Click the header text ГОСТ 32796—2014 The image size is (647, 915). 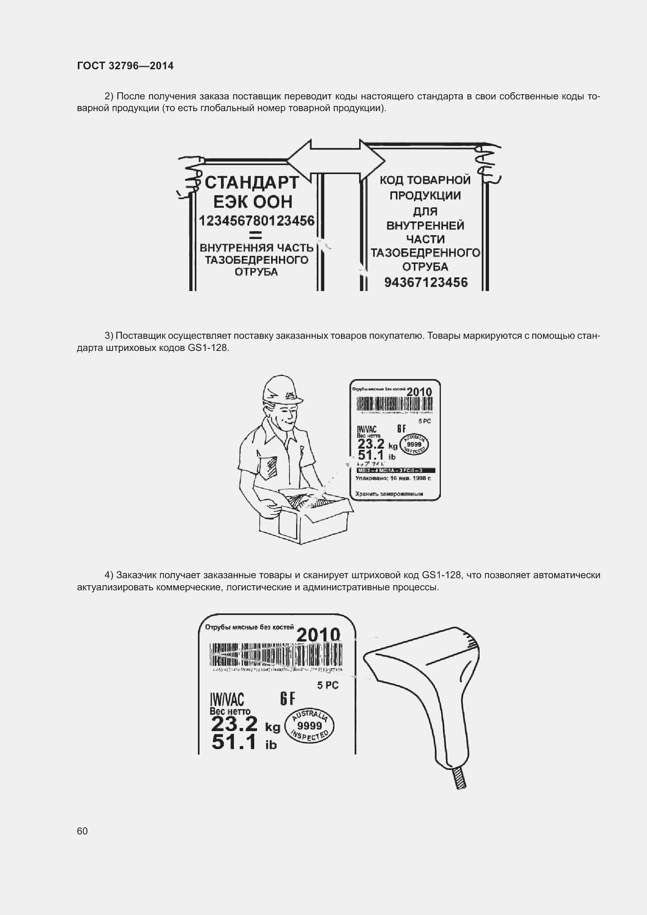click(125, 66)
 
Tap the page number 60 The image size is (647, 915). click(82, 831)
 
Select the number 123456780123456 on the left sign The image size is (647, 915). click(257, 221)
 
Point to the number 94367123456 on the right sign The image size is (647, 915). click(426, 282)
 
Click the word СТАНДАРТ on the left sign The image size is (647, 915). click(252, 183)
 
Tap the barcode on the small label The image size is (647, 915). click(394, 405)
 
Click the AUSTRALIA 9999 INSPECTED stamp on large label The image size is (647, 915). click(310, 726)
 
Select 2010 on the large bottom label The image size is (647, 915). click(318, 635)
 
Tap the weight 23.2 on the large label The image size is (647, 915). click(234, 724)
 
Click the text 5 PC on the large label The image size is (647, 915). click(327, 685)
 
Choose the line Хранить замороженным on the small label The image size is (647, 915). click(389, 494)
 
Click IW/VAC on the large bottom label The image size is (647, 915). click(227, 699)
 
